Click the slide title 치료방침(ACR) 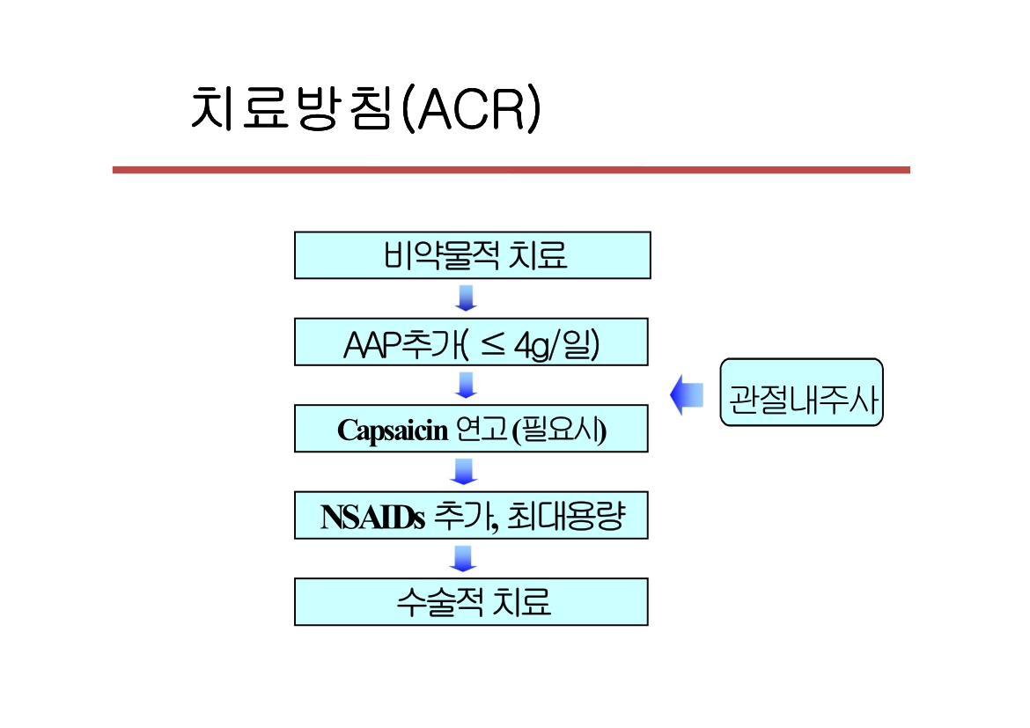pyautogui.click(x=364, y=109)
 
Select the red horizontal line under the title pyautogui.click(x=511, y=170)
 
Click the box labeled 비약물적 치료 pyautogui.click(x=473, y=255)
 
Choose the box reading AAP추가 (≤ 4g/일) pyautogui.click(x=472, y=342)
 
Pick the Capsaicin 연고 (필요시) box pyautogui.click(x=472, y=429)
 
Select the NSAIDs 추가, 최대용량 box pyautogui.click(x=472, y=515)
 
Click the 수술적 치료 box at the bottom pyautogui.click(x=472, y=602)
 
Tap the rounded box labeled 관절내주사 pyautogui.click(x=801, y=393)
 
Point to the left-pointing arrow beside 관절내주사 pyautogui.click(x=687, y=393)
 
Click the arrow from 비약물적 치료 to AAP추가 pyautogui.click(x=466, y=298)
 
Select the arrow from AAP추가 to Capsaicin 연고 pyautogui.click(x=466, y=385)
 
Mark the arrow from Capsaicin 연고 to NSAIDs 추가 pyautogui.click(x=464, y=472)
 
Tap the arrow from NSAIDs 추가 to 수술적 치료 pyautogui.click(x=463, y=558)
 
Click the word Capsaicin pyautogui.click(x=393, y=430)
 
